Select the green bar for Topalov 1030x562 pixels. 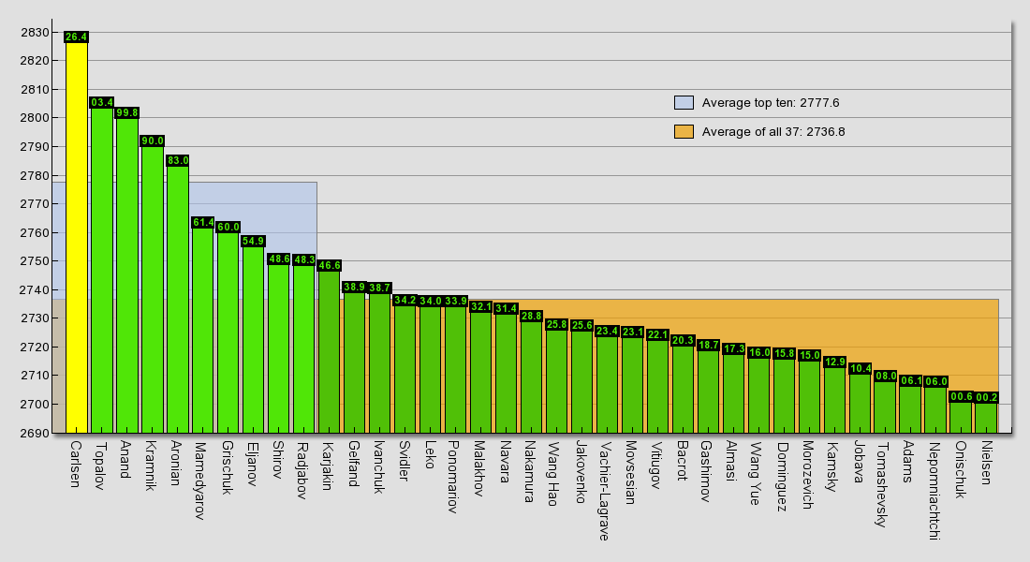click(x=102, y=272)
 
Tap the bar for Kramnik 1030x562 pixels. click(x=153, y=290)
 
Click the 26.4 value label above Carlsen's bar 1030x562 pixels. click(x=77, y=37)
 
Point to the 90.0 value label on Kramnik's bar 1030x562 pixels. click(x=153, y=141)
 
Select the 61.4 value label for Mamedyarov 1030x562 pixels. click(x=203, y=223)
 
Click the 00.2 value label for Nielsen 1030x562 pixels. click(x=987, y=398)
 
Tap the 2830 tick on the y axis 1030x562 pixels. click(x=35, y=33)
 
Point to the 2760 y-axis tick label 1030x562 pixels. click(x=35, y=232)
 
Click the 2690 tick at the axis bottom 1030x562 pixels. click(x=35, y=433)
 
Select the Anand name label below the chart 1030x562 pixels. click(x=126, y=459)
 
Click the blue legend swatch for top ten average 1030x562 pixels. click(x=684, y=103)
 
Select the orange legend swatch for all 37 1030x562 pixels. click(x=684, y=132)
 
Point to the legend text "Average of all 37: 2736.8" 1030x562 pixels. click(x=773, y=132)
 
